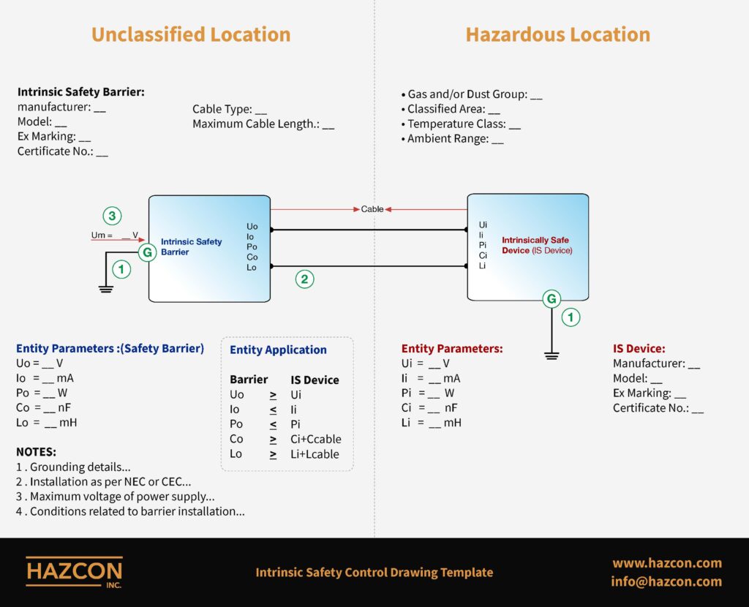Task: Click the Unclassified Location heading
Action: click(x=191, y=35)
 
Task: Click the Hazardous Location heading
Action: click(x=558, y=35)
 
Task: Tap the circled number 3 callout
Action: click(x=112, y=216)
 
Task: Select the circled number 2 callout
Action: click(x=305, y=279)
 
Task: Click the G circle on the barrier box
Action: click(x=148, y=252)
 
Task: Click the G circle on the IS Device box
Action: click(x=552, y=299)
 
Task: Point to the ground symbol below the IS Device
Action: click(x=552, y=356)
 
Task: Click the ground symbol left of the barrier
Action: click(x=105, y=289)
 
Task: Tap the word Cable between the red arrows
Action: click(x=372, y=209)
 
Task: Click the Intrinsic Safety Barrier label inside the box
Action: click(x=191, y=247)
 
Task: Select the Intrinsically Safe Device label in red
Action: click(x=537, y=246)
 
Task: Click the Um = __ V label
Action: click(x=114, y=235)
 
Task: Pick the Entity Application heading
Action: click(x=278, y=350)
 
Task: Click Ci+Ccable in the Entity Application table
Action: click(x=316, y=439)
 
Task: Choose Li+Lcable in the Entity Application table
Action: click(x=315, y=454)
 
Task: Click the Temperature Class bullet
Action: click(x=461, y=124)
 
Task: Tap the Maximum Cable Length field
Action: click(x=263, y=124)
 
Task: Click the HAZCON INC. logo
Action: click(x=75, y=572)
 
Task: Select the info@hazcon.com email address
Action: click(x=666, y=581)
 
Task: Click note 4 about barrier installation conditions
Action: click(x=130, y=511)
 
